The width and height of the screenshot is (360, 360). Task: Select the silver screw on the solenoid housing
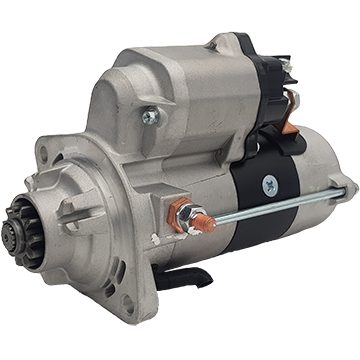(151, 117)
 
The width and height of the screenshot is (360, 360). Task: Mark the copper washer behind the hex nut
(181, 211)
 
